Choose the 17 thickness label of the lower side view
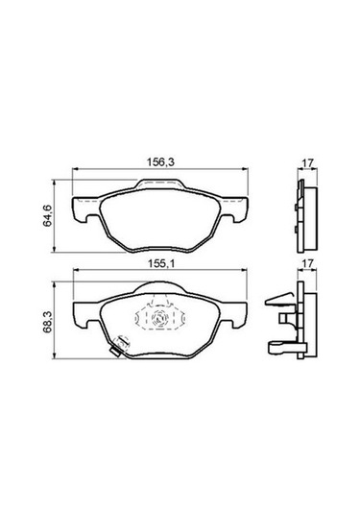[x=305, y=261]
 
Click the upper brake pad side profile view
[x=306, y=210]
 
